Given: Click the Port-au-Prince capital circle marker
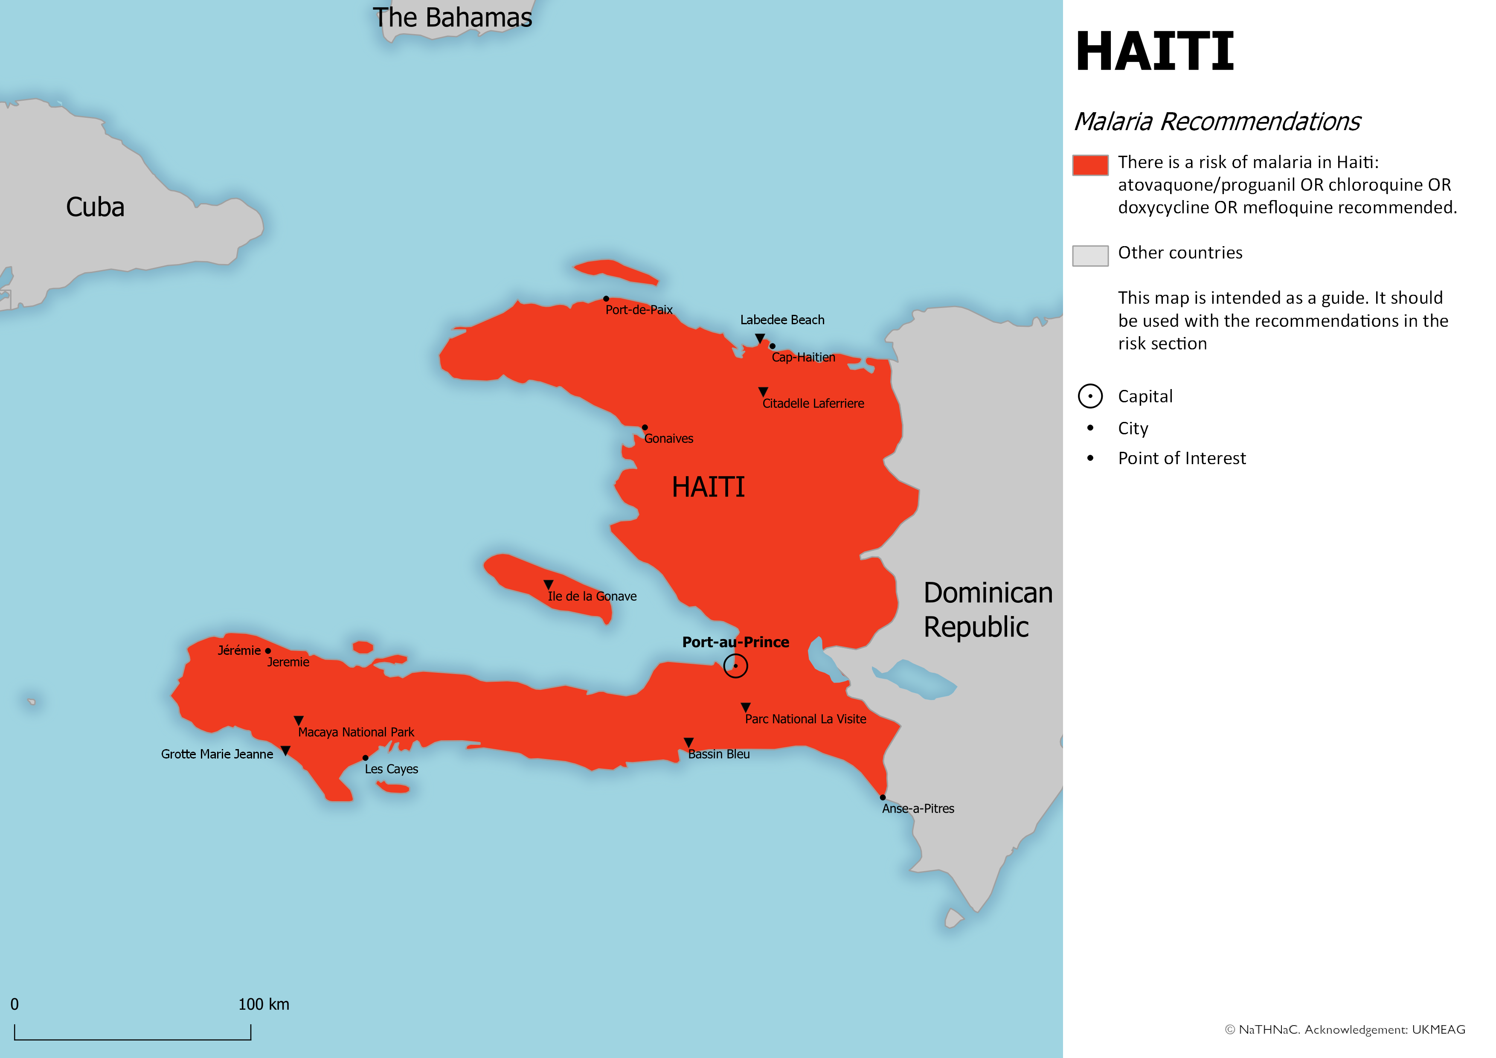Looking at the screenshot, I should [735, 666].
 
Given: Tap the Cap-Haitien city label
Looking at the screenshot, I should [803, 357].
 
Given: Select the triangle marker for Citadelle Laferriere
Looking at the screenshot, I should [763, 392].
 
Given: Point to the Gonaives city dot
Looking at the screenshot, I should [645, 427].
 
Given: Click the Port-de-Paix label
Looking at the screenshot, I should [639, 309].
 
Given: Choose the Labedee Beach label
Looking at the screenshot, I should [782, 320].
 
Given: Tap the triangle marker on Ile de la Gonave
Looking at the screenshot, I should [548, 584].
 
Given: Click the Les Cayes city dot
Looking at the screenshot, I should [366, 758].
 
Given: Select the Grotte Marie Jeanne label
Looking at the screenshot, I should [217, 754].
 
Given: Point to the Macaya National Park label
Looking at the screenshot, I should [356, 732].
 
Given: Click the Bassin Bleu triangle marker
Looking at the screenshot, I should [689, 742].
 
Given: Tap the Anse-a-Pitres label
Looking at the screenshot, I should [918, 808].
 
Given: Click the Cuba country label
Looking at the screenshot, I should [95, 207].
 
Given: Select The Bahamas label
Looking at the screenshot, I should [452, 17].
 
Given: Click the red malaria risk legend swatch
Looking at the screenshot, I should [1090, 165].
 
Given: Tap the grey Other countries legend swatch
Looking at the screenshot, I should [1090, 256].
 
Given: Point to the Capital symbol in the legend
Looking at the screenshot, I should [1090, 396].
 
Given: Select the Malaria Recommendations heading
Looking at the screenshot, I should [1217, 122].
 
